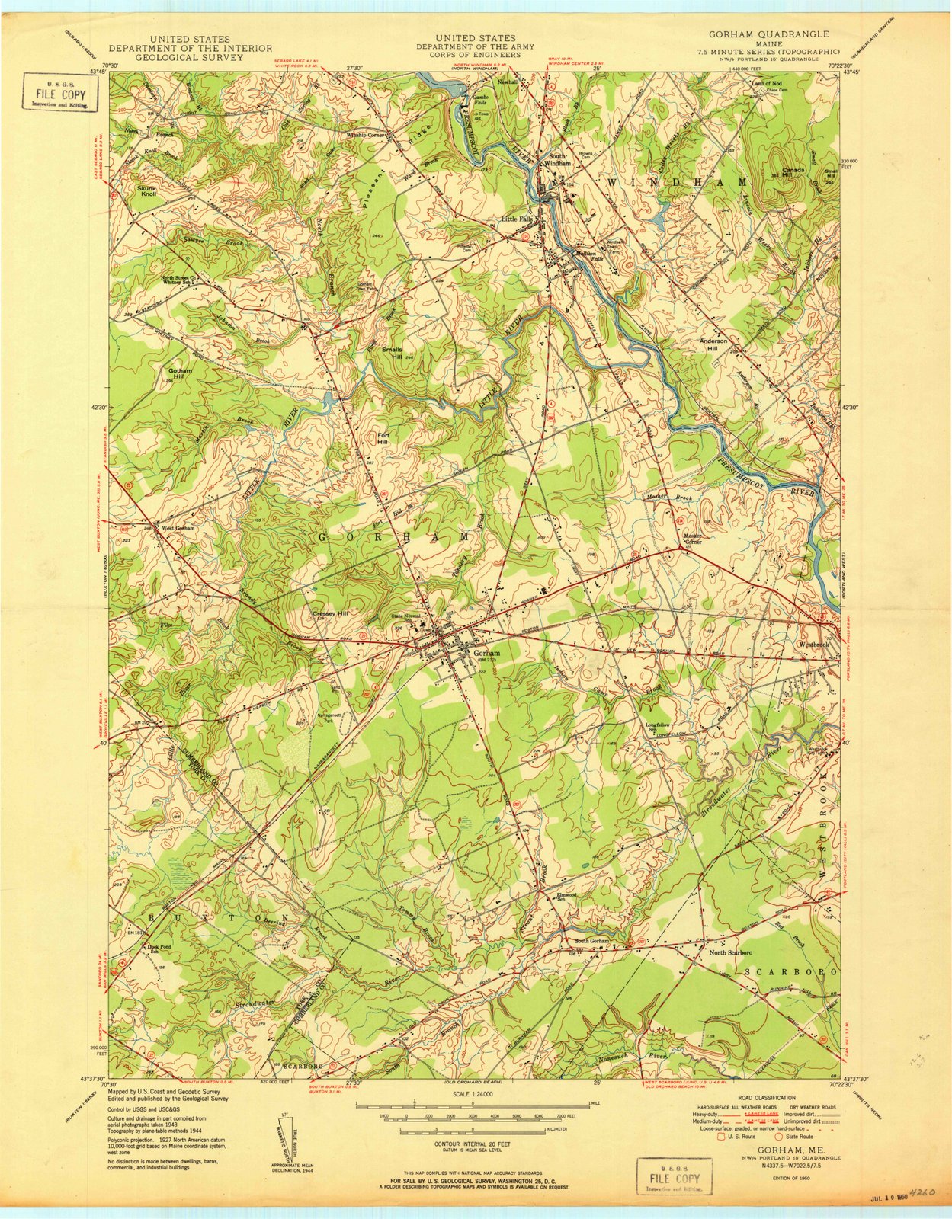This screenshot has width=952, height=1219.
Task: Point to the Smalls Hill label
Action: pos(402,353)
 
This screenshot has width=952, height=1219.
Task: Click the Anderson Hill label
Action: pos(714,345)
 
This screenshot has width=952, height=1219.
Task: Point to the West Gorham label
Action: pos(178,527)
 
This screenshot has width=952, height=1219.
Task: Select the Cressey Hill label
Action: pos(330,613)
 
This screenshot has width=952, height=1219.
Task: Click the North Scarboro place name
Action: pos(731,952)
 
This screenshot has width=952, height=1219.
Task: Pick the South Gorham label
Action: pos(593,942)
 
